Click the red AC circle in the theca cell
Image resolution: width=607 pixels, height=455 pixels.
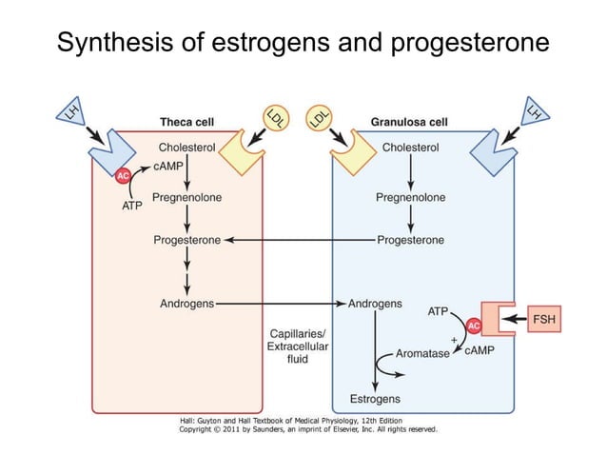(x=123, y=176)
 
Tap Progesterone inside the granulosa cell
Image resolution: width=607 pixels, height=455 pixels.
(x=410, y=240)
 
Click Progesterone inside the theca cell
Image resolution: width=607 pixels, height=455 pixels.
(x=186, y=240)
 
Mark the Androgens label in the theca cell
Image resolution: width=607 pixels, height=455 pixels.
(x=186, y=304)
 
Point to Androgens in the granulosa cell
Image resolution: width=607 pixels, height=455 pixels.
(x=375, y=304)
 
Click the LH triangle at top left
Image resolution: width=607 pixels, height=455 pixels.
(x=72, y=115)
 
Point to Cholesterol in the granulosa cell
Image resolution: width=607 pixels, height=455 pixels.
(x=410, y=148)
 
